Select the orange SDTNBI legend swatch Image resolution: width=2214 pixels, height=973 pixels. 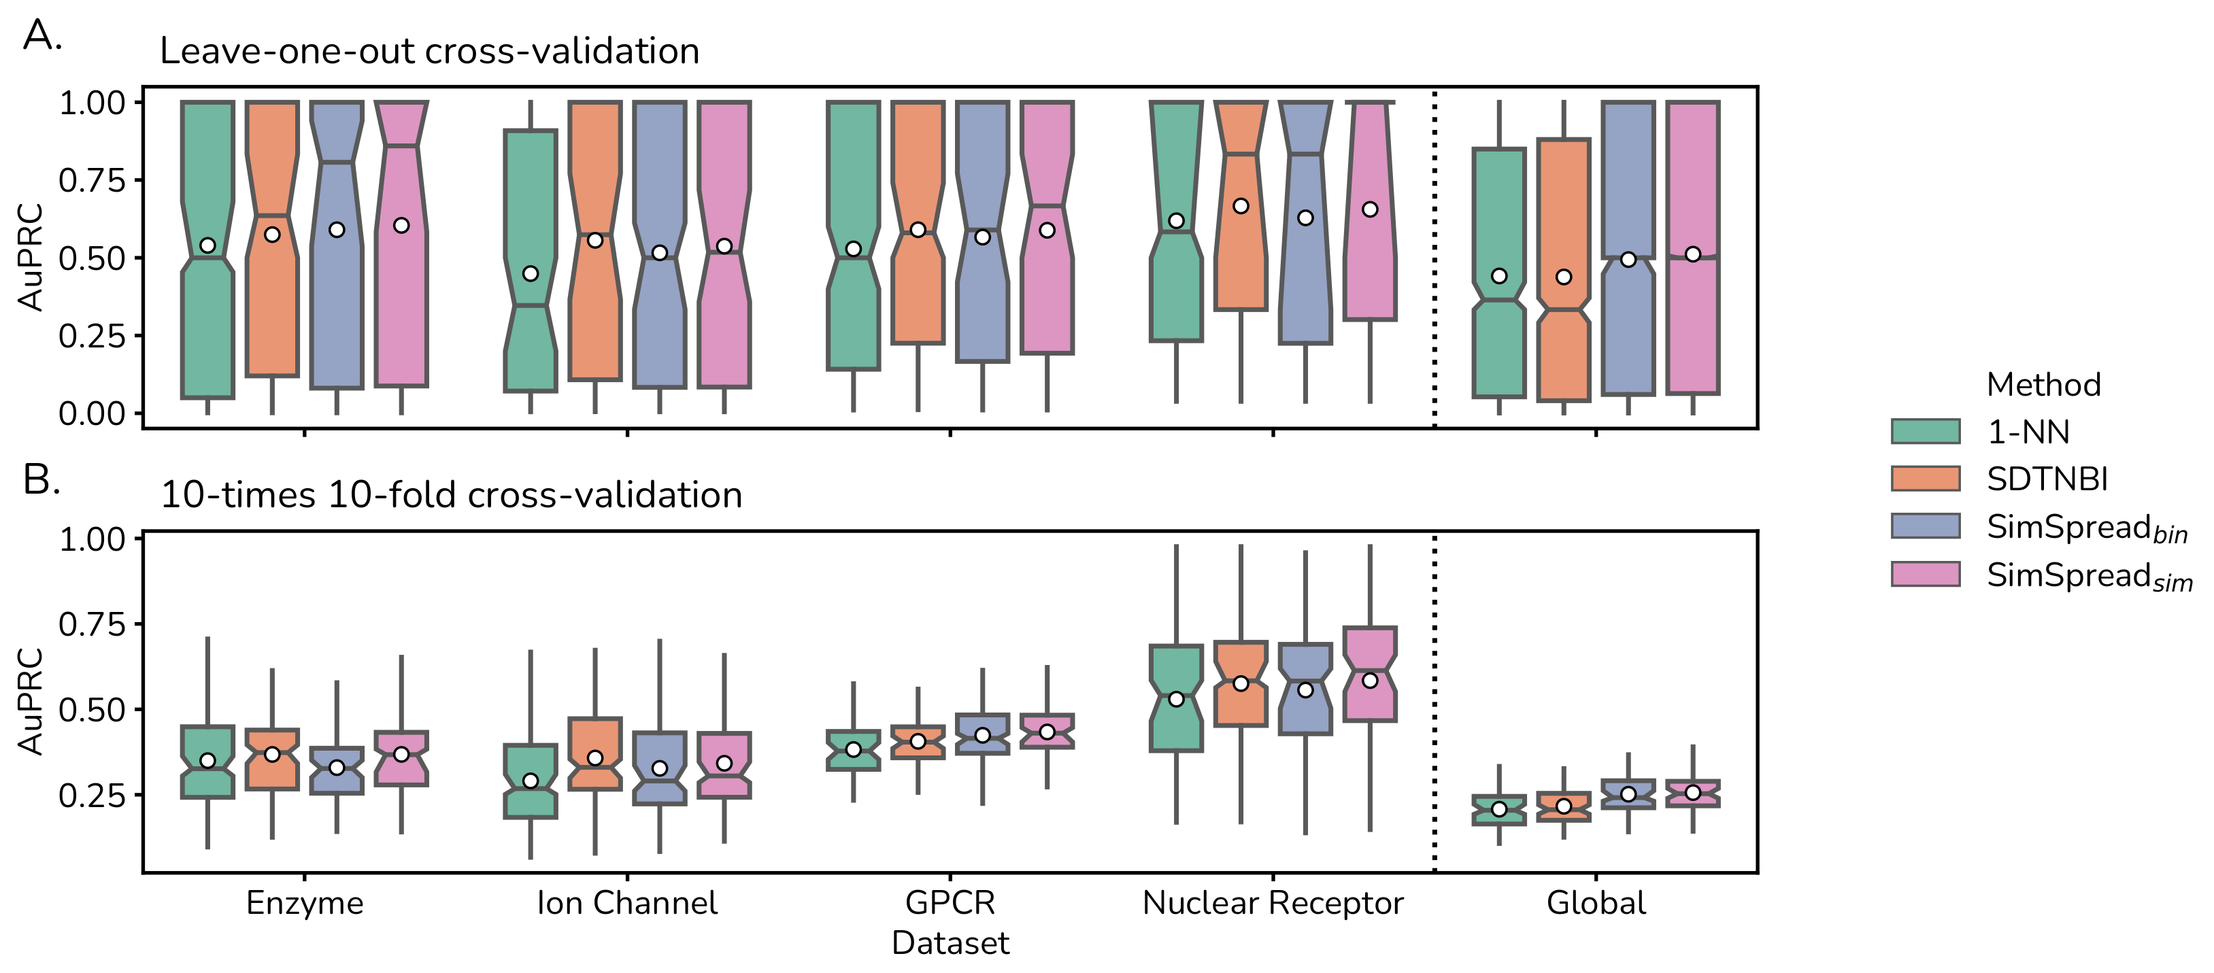[1925, 479]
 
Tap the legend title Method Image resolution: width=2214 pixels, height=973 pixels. [2043, 384]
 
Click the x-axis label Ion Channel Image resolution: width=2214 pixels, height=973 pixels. [626, 902]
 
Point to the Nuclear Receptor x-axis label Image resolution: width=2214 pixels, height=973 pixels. [1272, 902]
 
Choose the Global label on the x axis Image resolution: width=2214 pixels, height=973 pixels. [1595, 902]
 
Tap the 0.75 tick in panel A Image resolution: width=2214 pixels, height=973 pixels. [92, 180]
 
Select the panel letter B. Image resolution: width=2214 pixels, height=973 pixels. [41, 479]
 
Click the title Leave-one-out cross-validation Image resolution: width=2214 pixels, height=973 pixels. [429, 52]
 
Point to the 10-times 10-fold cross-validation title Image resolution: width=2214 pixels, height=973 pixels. [451, 495]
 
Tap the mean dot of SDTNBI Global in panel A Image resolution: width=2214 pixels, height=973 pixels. [1563, 277]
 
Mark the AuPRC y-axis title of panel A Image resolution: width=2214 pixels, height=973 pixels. [31, 257]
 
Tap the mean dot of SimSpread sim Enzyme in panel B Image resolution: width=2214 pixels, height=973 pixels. [401, 754]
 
